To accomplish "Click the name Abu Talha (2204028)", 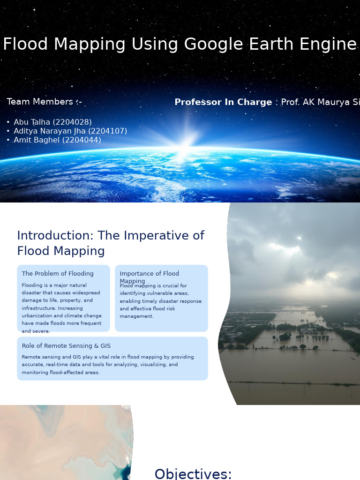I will [x=52, y=122].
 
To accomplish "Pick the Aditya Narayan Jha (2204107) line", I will [x=70, y=131].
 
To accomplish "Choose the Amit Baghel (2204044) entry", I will [x=57, y=140].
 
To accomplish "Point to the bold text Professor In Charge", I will [x=223, y=102].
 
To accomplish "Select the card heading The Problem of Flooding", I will [x=58, y=274].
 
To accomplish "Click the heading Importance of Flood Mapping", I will [x=149, y=277].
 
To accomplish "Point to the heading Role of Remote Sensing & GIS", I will [x=66, y=346].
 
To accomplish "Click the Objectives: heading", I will [x=193, y=474].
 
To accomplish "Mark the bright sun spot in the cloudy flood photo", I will [x=299, y=238].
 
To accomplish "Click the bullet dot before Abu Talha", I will [x=8, y=122].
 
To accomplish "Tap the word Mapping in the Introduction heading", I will [x=84, y=251].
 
